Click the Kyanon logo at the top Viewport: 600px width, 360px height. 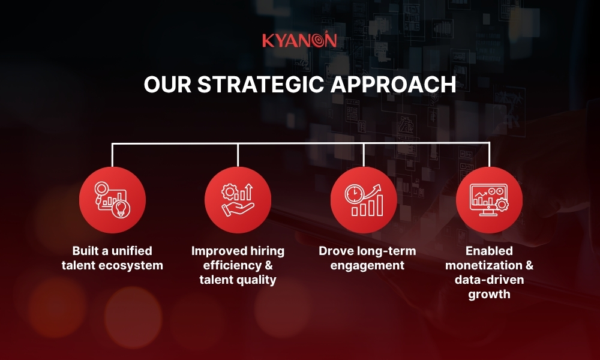click(299, 41)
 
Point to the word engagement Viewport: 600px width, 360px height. click(367, 265)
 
